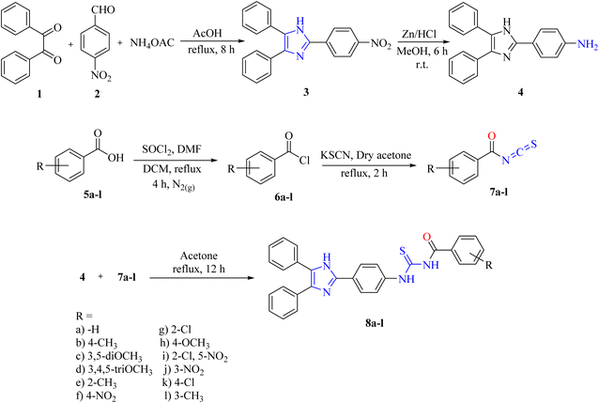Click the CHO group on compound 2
103,9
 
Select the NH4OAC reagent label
152,43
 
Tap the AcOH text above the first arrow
207,33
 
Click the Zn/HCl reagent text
419,34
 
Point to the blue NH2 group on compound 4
587,45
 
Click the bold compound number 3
306,92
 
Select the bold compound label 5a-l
93,195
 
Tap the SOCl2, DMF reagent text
172,149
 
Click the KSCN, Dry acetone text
366,155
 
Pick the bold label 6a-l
284,197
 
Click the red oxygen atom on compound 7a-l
492,135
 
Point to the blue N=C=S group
519,152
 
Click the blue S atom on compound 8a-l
402,251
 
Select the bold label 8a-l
374,323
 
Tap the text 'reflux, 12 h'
199,269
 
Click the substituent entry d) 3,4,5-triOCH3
115,370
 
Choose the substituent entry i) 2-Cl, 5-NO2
195,357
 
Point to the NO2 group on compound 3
381,44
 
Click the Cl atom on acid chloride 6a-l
304,161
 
